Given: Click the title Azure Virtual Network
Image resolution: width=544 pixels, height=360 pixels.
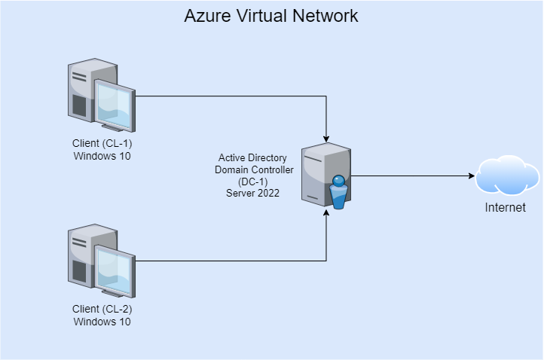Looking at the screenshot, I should pyautogui.click(x=271, y=15).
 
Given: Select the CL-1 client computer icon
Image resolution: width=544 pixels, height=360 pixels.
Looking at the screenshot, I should pyautogui.click(x=101, y=92).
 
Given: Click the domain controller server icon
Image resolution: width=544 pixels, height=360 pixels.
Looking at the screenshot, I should pyautogui.click(x=325, y=175).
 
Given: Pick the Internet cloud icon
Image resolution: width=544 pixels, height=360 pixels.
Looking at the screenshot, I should pyautogui.click(x=507, y=175).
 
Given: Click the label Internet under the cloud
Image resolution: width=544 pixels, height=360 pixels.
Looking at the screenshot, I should pyautogui.click(x=505, y=207).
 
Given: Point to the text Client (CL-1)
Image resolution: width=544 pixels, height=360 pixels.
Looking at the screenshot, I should pyautogui.click(x=102, y=143).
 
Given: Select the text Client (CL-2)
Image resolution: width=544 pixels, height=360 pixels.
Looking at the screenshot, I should pyautogui.click(x=102, y=309).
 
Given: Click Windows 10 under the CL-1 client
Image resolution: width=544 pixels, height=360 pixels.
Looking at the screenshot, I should pyautogui.click(x=102, y=156).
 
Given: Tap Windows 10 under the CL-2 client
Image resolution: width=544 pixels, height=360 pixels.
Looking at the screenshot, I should pyautogui.click(x=102, y=322).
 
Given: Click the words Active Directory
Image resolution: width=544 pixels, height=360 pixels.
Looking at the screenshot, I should pyautogui.click(x=252, y=158).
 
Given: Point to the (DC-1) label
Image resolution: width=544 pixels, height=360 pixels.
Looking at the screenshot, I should pyautogui.click(x=252, y=182).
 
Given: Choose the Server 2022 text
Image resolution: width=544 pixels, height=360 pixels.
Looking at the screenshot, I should pyautogui.click(x=252, y=193).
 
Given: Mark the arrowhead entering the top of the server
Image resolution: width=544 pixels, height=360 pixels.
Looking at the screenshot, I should pyautogui.click(x=326, y=138).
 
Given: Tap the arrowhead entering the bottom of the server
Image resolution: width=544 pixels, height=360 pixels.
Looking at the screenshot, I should pyautogui.click(x=326, y=213).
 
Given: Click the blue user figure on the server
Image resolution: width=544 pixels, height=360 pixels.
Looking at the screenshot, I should pyautogui.click(x=338, y=192).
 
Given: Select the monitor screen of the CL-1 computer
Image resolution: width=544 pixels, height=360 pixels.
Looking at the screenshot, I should pyautogui.click(x=115, y=104).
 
